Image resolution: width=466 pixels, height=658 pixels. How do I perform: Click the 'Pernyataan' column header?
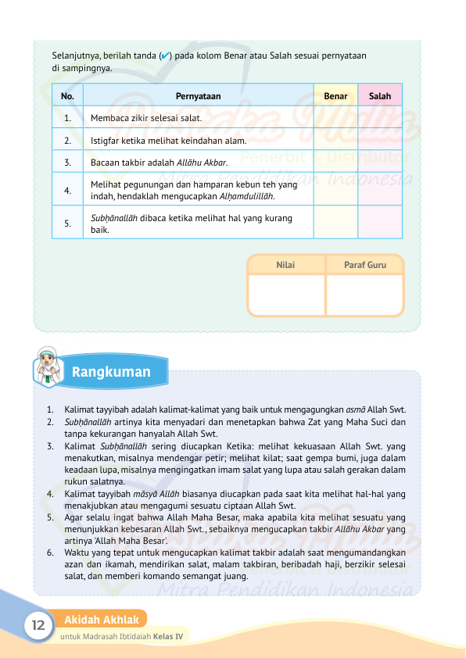tap(198, 96)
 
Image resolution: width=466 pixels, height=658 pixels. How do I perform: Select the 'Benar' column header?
tap(335, 96)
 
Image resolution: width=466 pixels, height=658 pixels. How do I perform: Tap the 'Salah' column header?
tap(380, 96)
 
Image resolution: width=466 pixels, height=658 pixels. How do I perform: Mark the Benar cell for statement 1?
tap(335, 118)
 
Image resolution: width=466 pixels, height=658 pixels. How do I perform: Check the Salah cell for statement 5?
tap(380, 222)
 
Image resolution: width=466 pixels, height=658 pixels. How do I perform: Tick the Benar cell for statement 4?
tap(335, 189)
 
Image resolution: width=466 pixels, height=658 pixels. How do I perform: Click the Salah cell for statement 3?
tap(380, 163)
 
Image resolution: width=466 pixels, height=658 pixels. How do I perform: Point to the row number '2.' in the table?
tap(69, 141)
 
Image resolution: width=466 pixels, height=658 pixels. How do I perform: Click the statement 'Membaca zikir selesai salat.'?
tap(146, 119)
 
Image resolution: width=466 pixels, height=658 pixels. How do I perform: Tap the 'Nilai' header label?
tap(285, 265)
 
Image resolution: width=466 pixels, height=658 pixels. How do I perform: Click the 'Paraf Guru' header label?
tap(364, 265)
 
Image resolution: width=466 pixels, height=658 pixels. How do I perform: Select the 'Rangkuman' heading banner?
tap(111, 372)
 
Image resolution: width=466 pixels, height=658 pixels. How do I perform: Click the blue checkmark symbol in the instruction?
tap(164, 56)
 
